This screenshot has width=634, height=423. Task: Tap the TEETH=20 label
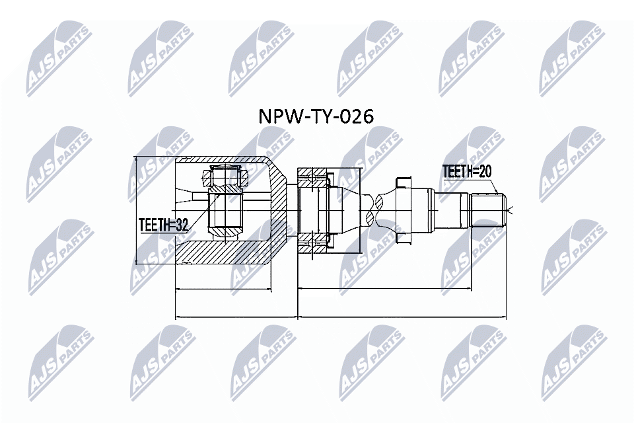pyautogui.click(x=467, y=172)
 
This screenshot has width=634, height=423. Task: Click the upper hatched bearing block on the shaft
pyautogui.click(x=313, y=177)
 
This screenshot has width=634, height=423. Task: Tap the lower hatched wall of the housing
pyautogui.click(x=221, y=254)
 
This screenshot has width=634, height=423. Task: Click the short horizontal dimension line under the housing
pyautogui.click(x=223, y=289)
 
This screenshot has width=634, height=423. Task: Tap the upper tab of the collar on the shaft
pyautogui.click(x=402, y=180)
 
